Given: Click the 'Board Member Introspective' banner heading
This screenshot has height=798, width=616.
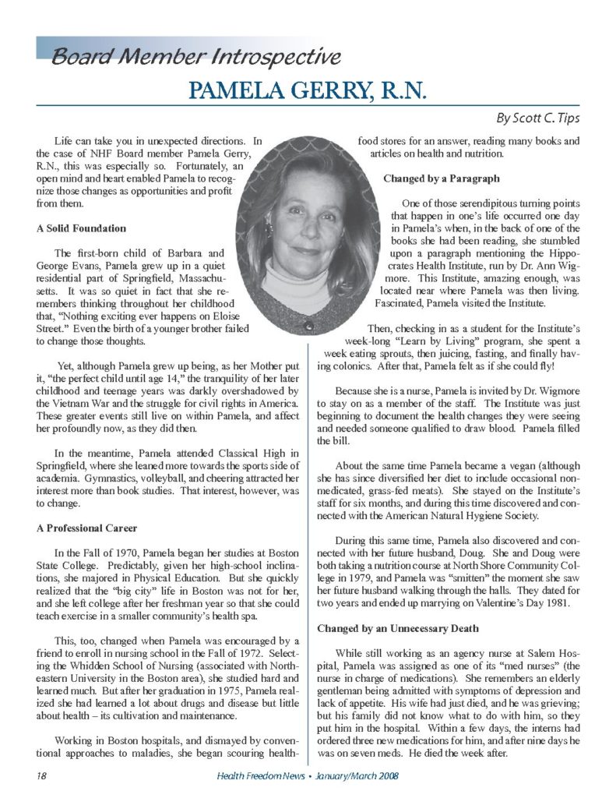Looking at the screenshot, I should (195, 56).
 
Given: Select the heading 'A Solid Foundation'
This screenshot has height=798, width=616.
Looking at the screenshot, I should (81, 228).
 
